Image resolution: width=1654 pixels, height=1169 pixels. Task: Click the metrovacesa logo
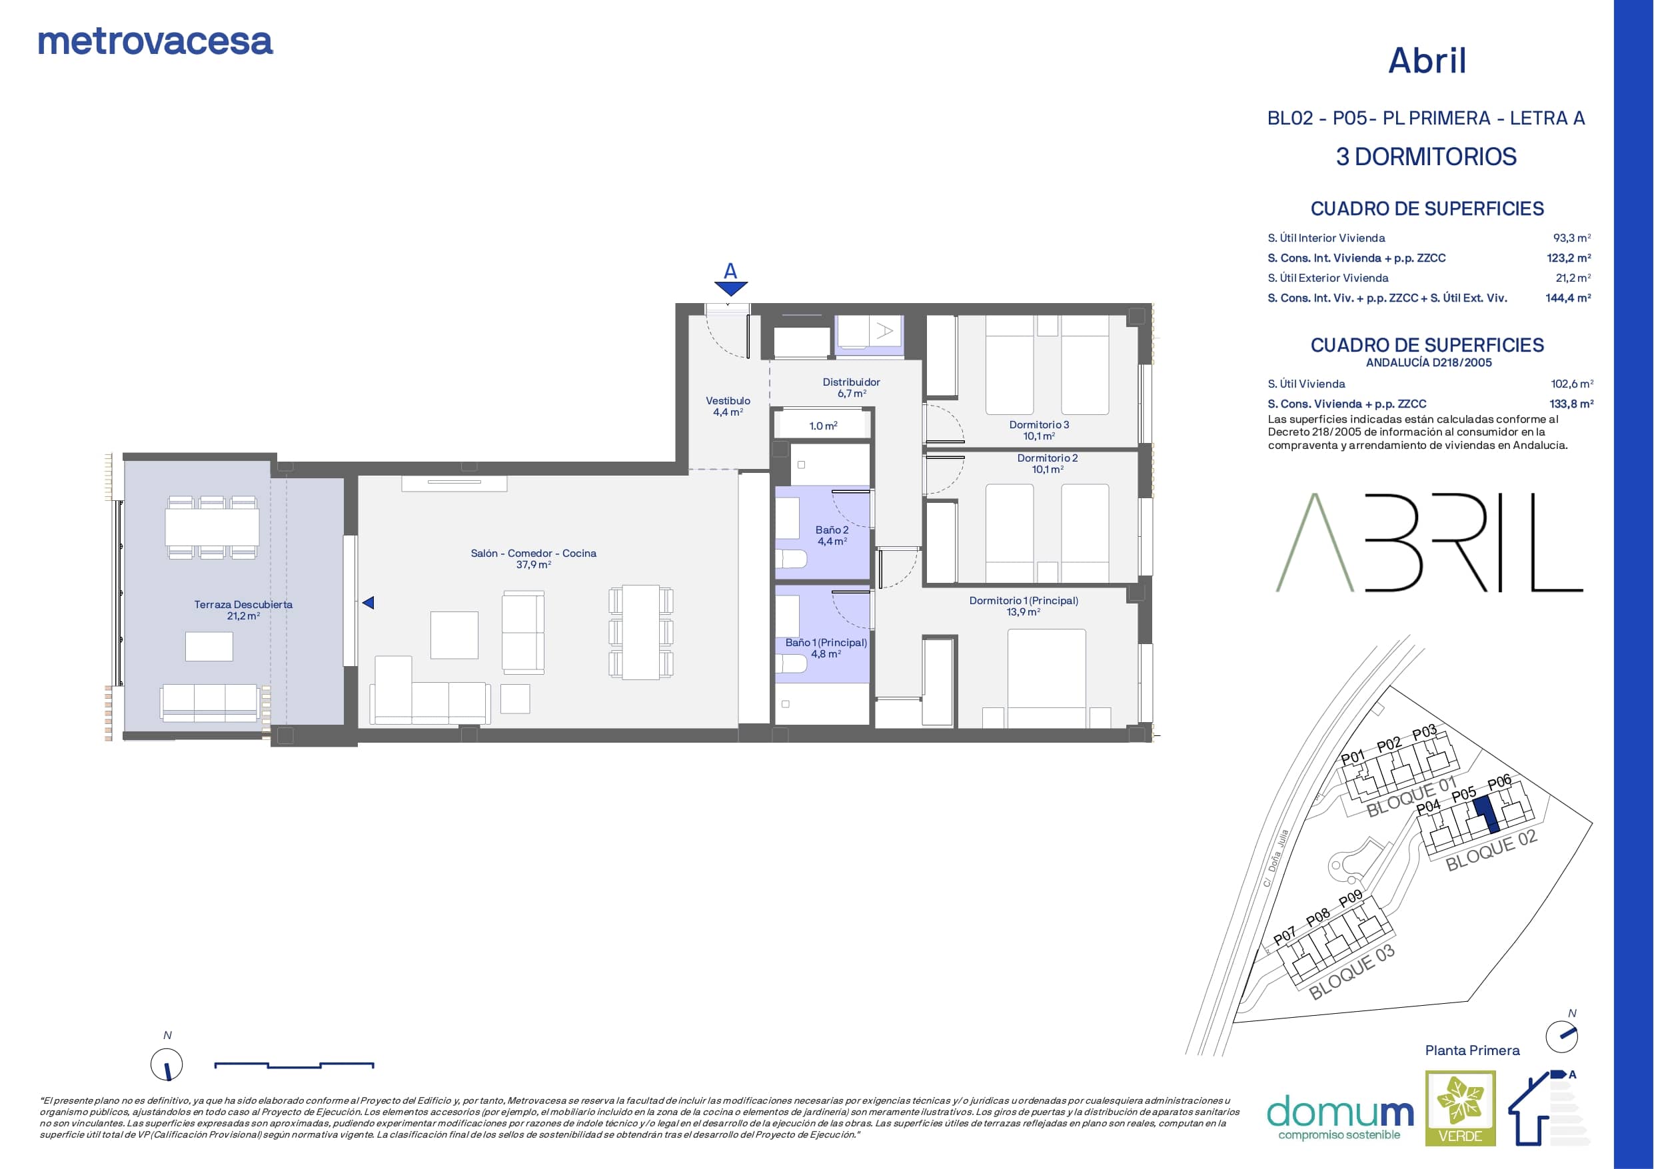tap(155, 42)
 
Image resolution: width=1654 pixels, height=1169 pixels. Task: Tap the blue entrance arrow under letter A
tap(731, 289)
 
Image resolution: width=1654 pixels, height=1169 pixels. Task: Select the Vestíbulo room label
tap(728, 406)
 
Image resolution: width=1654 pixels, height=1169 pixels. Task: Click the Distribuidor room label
tap(852, 388)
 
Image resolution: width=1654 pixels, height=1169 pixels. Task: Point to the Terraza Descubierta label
tap(243, 610)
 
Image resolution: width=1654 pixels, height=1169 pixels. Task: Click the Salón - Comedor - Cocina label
tap(533, 559)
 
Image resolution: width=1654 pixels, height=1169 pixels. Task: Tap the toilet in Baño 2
tap(790, 559)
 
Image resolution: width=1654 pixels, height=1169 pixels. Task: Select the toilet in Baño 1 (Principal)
tap(790, 663)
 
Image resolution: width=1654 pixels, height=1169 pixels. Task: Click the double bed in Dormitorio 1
tap(1047, 678)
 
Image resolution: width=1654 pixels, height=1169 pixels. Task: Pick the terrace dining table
tap(212, 528)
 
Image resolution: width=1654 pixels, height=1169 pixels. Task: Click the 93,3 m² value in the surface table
tap(1572, 238)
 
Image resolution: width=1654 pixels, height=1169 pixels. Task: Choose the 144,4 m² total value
tap(1568, 298)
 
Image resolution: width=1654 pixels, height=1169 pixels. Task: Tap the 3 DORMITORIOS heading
tap(1426, 157)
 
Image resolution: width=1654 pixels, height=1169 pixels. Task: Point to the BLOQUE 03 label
tap(1352, 973)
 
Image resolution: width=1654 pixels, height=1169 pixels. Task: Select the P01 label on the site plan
tap(1353, 757)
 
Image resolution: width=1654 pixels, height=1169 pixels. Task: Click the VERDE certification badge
tap(1461, 1108)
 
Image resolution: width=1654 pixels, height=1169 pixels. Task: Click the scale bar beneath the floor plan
tap(294, 1064)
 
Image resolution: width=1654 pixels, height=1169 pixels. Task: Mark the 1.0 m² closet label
tap(824, 426)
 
